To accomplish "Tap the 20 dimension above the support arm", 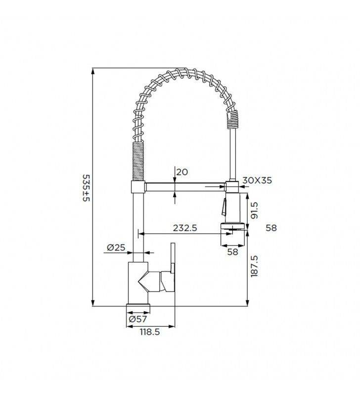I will click(181, 172).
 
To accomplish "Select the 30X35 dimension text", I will click(257, 180).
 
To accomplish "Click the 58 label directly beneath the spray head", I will click(232, 251).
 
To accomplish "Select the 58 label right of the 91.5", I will click(271, 228).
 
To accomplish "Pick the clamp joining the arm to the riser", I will click(137, 187).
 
